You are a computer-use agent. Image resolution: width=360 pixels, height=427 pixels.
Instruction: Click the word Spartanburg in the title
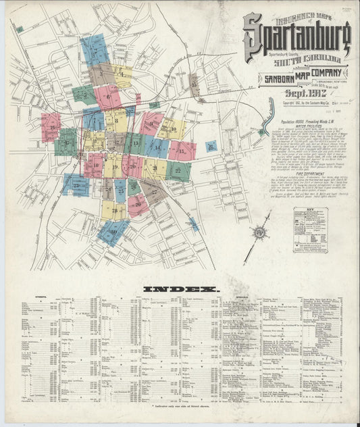301,37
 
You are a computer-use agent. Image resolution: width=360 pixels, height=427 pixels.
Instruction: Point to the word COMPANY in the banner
325,77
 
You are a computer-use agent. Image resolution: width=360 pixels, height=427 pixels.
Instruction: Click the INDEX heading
181,289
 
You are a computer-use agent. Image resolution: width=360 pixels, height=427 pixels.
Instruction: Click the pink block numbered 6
107,97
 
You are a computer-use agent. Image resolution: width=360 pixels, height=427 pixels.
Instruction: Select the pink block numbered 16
51,126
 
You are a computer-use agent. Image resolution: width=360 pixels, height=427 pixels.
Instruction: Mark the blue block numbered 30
113,232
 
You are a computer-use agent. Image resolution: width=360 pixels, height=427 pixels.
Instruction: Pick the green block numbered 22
178,171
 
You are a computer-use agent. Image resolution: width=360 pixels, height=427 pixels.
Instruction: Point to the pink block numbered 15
182,150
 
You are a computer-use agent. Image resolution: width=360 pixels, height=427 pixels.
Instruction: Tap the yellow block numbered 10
172,128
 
